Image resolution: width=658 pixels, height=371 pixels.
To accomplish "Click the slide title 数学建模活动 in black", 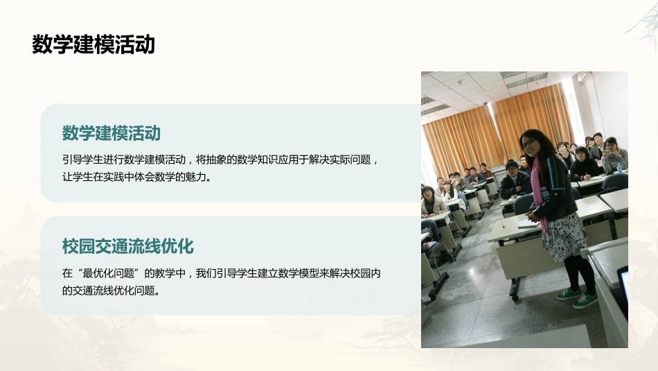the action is pyautogui.click(x=94, y=44).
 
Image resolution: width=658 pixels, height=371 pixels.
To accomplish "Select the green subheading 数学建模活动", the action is pyautogui.click(x=112, y=133).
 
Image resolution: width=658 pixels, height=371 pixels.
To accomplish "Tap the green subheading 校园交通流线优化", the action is pyautogui.click(x=127, y=246).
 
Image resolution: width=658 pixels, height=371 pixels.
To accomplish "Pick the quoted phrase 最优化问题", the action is pyautogui.click(x=108, y=273).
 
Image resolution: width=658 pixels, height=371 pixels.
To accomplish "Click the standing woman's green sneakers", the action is pyautogui.click(x=577, y=297).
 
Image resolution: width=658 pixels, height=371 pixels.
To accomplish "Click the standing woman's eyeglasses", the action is pyautogui.click(x=528, y=144).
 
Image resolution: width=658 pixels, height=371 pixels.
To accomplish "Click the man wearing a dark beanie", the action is pyautogui.click(x=514, y=180).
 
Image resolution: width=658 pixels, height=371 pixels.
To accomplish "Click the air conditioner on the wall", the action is pyautogui.click(x=583, y=77).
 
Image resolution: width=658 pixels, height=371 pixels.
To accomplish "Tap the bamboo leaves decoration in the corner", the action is pyautogui.click(x=642, y=23).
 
